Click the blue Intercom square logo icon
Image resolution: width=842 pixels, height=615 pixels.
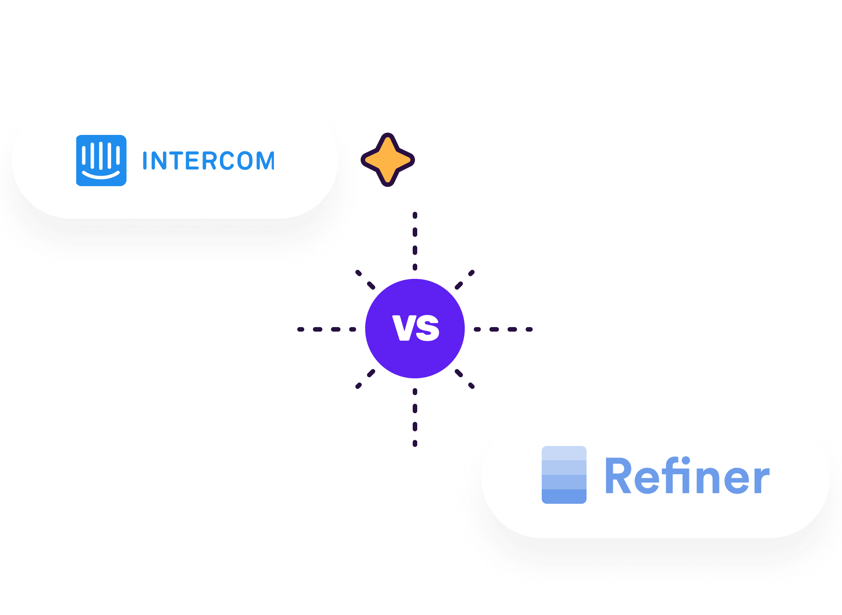point(101,160)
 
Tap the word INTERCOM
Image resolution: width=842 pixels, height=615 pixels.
point(208,161)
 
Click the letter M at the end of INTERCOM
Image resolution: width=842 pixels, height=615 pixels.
point(265,161)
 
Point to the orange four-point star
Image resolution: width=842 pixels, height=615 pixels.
point(387,160)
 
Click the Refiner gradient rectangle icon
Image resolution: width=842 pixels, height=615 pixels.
point(564,475)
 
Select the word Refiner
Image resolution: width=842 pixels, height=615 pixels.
point(687,476)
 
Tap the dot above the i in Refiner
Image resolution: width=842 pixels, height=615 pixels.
point(685,460)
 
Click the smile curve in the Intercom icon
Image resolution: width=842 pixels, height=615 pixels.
point(101,175)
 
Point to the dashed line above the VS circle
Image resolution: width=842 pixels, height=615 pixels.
point(415,241)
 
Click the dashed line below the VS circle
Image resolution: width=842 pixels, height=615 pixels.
point(415,418)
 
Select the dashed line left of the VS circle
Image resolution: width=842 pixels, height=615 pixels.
point(327,329)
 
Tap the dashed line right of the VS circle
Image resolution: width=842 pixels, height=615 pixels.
point(503,329)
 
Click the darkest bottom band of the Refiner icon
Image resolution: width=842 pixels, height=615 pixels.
point(564,496)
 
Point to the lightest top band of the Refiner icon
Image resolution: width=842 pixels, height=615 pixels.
point(564,453)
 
